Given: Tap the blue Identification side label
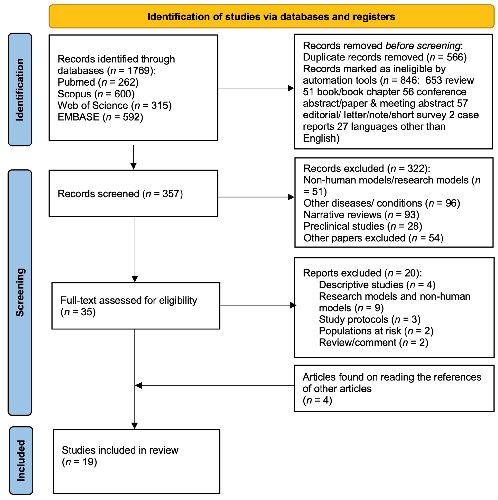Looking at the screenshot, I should click(20, 90).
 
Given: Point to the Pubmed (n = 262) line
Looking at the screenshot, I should click(98, 82).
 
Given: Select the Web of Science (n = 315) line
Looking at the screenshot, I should click(114, 106).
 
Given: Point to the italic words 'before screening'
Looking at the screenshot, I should click(423, 46).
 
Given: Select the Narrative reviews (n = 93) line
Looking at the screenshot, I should click(361, 215).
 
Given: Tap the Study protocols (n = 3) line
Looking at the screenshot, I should click(369, 320).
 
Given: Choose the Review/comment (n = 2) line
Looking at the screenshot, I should click(373, 343).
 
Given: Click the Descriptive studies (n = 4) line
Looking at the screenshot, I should click(377, 285).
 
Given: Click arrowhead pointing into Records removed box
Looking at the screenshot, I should click(291, 88).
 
